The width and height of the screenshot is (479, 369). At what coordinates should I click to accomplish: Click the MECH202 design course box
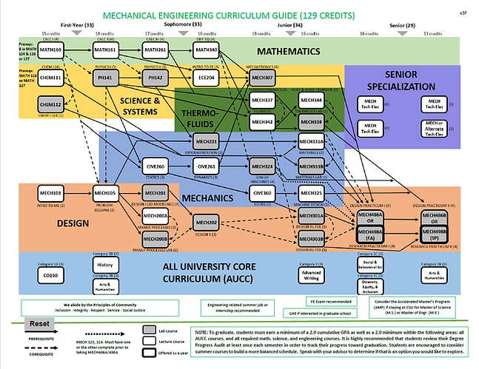pos(207,223)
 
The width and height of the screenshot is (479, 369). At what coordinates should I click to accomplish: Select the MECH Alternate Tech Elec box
pos(435,129)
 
